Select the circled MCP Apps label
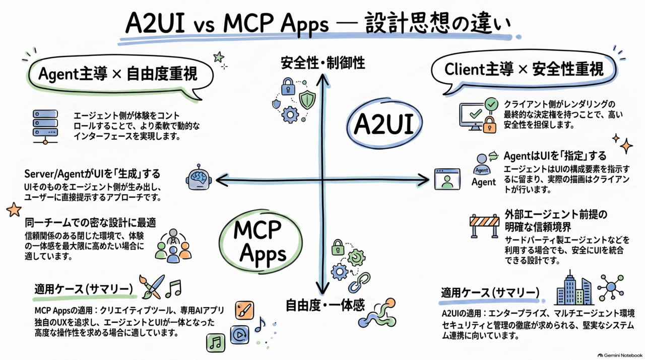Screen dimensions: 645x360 (x=261, y=242)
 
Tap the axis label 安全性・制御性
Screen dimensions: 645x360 (x=323, y=63)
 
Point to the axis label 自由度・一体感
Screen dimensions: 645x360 (x=325, y=305)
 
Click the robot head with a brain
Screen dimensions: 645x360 (x=199, y=177)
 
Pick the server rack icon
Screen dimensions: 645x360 (x=45, y=127)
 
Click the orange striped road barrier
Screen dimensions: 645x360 (x=484, y=226)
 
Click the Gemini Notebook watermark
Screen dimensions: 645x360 (x=620, y=355)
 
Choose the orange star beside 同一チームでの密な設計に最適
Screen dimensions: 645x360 (x=14, y=209)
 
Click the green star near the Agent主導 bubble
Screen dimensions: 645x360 (x=219, y=57)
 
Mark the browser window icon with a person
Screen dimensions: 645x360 (x=447, y=179)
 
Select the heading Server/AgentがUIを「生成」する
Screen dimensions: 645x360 (x=92, y=174)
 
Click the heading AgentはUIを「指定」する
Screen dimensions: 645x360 (x=555, y=156)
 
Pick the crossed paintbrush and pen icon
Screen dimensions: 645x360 (x=152, y=286)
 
